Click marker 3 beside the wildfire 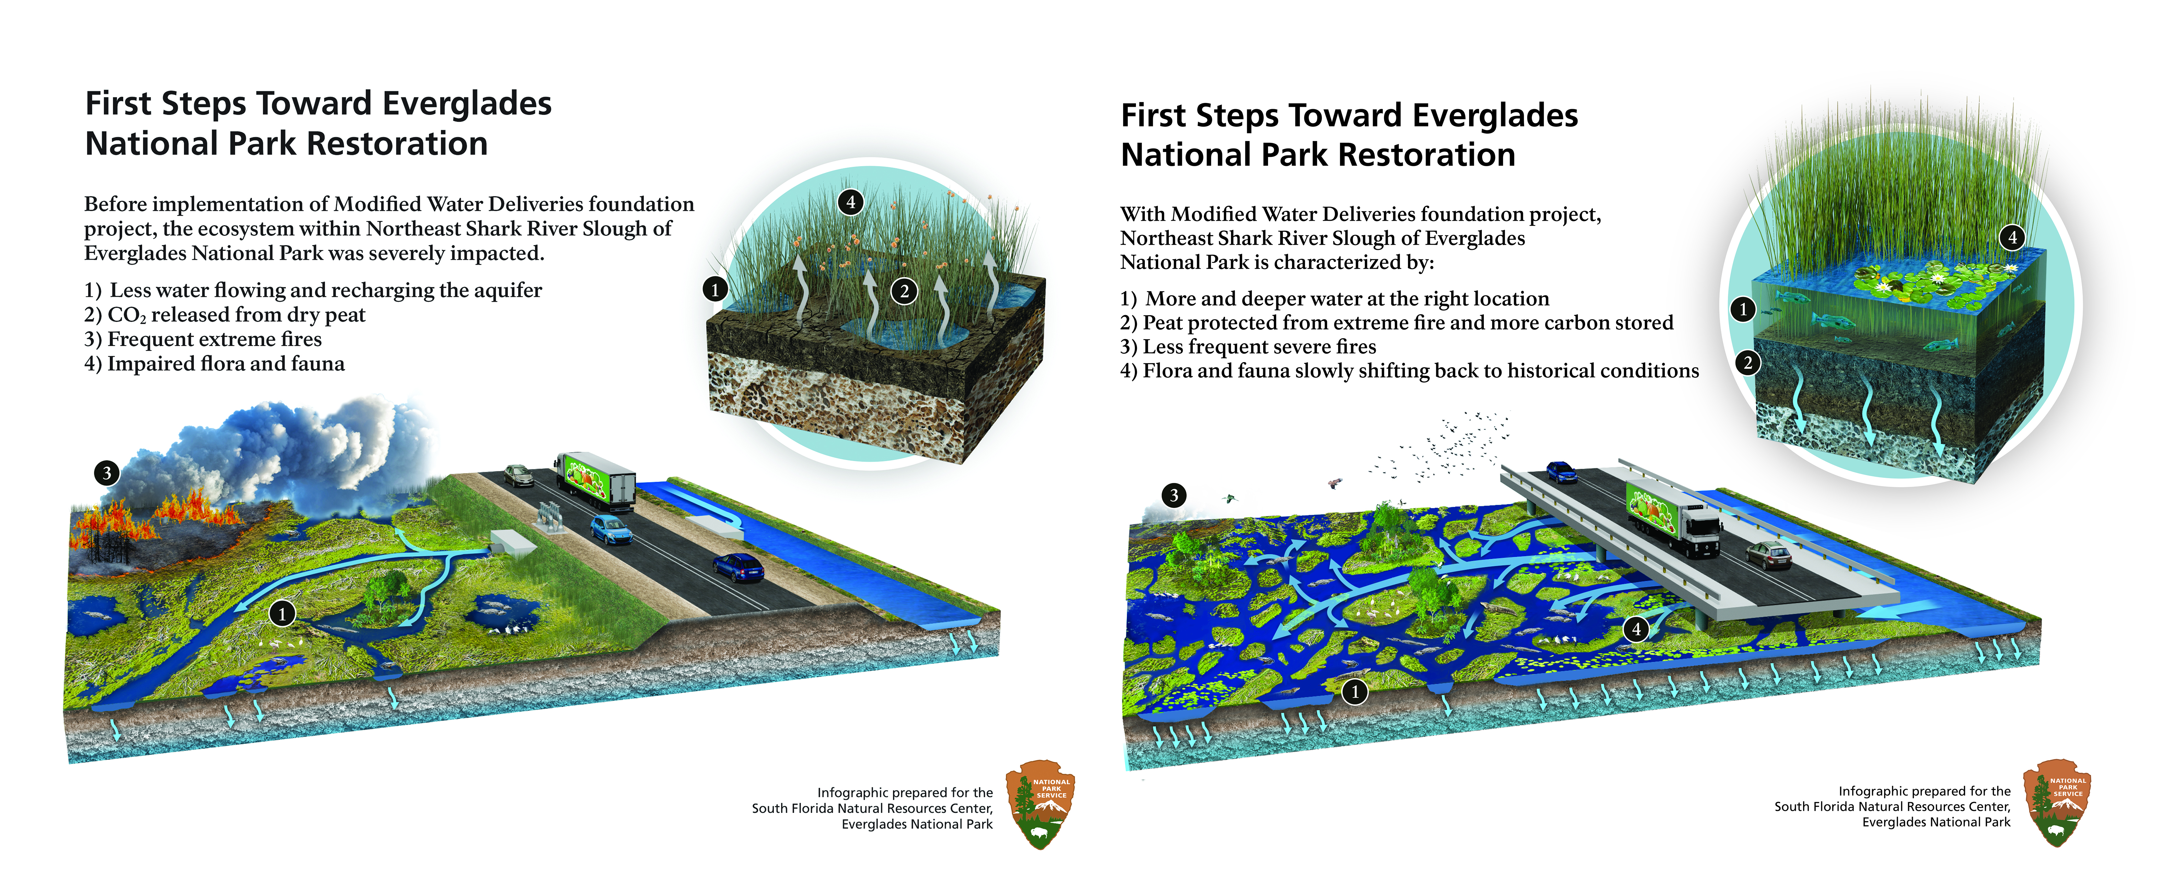click(x=107, y=473)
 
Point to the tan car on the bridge click(x=1769, y=554)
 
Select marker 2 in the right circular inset click(x=1747, y=363)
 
